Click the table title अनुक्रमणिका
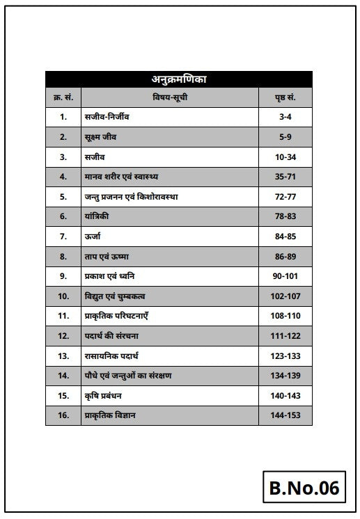coord(179,79)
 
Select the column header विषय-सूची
coord(170,97)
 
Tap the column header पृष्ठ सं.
coord(285,97)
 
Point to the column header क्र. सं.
coord(63,97)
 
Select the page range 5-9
coord(285,137)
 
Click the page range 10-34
coord(285,157)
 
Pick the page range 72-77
coord(285,197)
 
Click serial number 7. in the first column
coord(63,237)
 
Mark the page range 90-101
coord(285,277)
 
